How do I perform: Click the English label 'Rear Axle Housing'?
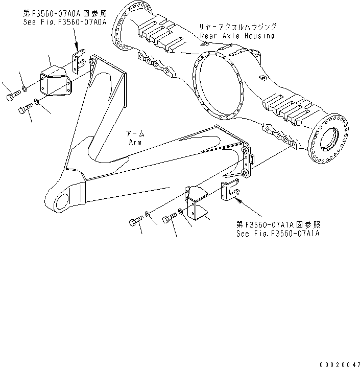237,36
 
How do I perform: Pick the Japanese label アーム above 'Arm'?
135,133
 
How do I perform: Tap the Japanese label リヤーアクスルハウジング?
238,27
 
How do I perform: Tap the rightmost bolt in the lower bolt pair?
169,219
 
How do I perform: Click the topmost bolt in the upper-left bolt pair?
12,96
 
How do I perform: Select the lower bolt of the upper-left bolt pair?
26,108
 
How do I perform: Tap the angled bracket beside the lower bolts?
196,204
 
